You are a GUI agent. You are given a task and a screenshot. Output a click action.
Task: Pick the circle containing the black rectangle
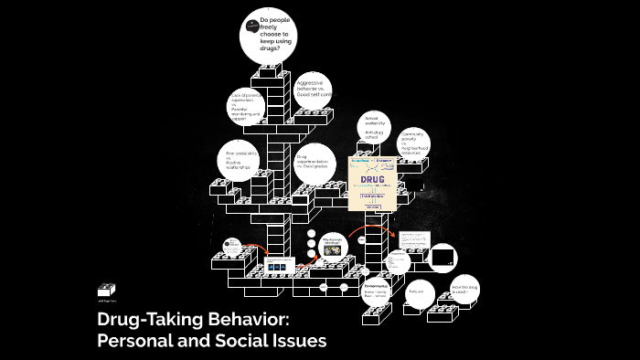tap(443, 259)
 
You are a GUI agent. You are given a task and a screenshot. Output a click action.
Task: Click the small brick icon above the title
tap(106, 291)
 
